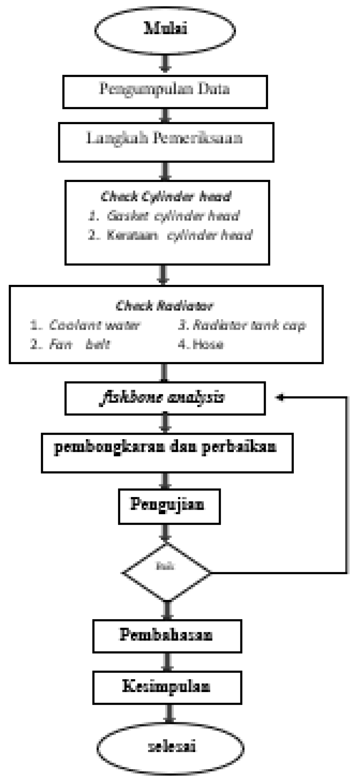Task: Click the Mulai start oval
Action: tap(165, 29)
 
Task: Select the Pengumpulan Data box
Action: tap(165, 92)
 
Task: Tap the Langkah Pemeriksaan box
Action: tap(166, 142)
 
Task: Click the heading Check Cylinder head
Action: tap(166, 197)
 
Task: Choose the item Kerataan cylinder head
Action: tap(170, 235)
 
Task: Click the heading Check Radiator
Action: tap(165, 305)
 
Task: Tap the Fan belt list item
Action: tap(70, 344)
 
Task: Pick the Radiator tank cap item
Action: tap(242, 325)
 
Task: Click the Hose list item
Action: tap(201, 344)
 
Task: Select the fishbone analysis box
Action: tap(165, 398)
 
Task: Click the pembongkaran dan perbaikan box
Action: tap(167, 453)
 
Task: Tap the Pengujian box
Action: tap(169, 506)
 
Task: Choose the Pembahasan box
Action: tap(167, 636)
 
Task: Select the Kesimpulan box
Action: tap(167, 687)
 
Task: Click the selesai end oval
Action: tap(170, 748)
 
